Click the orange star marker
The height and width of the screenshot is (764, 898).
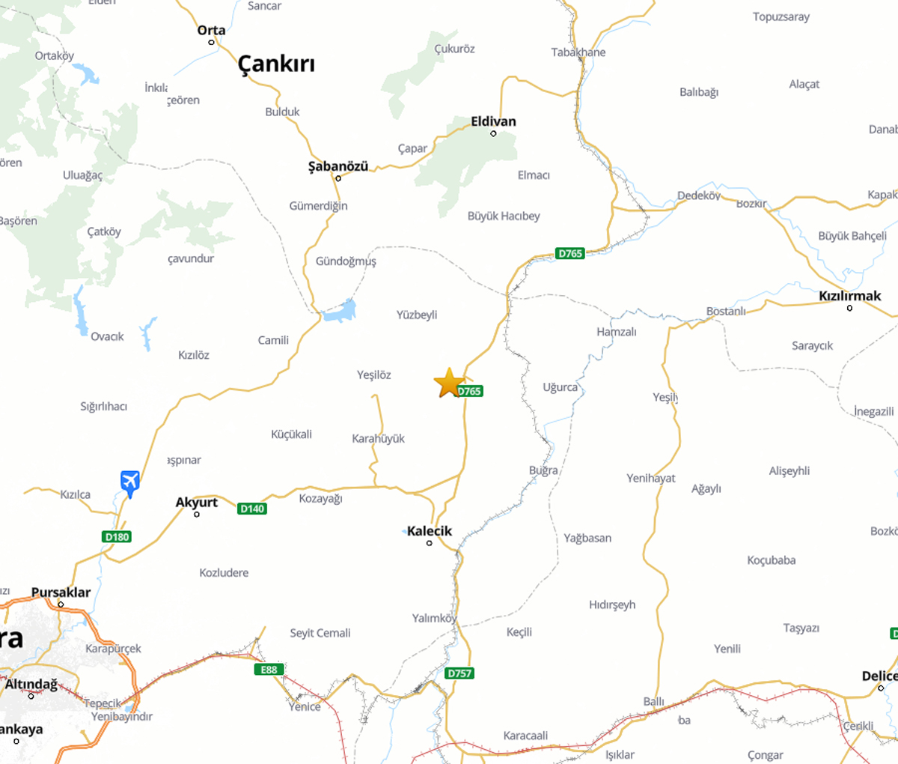point(449,383)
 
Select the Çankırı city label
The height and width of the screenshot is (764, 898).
point(276,64)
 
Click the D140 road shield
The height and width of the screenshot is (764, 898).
point(252,509)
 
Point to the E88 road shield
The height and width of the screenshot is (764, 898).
point(269,670)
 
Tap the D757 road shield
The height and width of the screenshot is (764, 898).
point(459,673)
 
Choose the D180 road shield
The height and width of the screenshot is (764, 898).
point(117,536)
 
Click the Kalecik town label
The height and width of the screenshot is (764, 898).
point(430,531)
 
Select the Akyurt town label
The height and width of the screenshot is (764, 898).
point(197,503)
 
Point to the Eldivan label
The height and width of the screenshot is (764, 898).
point(493,121)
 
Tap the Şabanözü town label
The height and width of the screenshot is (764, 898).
point(338,166)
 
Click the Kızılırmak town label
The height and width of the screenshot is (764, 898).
point(849,296)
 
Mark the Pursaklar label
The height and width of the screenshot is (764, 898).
point(61,592)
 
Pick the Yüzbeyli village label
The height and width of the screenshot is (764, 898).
point(417,315)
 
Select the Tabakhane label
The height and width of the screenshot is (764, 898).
point(578,52)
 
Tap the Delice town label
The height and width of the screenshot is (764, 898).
point(879,676)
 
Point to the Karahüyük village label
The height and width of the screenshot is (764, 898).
point(378,438)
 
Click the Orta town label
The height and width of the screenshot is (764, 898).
point(211,31)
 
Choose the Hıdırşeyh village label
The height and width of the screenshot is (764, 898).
point(612,604)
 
